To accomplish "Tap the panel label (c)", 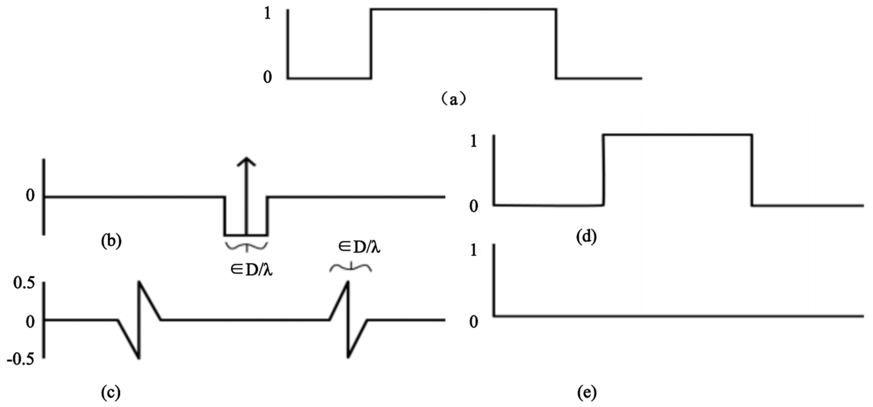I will click(111, 393).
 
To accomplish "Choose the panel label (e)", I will click(586, 393).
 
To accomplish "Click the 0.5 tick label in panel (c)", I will click(24, 284).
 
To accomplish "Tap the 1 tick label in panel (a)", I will click(267, 14).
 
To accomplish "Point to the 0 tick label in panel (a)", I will click(267, 78).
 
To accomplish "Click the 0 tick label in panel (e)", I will click(474, 322).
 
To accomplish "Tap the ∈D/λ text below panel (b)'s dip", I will click(251, 270).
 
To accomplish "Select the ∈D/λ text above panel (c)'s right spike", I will click(359, 247).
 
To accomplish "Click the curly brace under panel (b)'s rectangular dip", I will click(246, 247).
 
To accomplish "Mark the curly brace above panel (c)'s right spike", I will click(351, 268).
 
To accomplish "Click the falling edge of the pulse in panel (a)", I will click(556, 44).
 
